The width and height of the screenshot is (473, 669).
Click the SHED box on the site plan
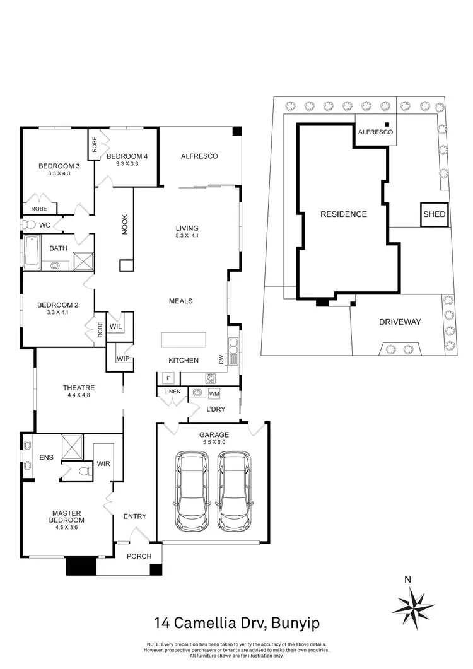pos(434,214)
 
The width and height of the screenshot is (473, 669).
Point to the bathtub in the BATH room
pos(33,252)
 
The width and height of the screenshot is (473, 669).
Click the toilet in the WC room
pos(28,224)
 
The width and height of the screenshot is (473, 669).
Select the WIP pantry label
pos(123,359)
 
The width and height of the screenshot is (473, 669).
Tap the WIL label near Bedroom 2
pos(115,327)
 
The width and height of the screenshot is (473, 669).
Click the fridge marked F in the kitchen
pos(168,378)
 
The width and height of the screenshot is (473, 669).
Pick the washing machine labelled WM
pos(214,393)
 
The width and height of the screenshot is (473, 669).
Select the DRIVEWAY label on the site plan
pos(400,322)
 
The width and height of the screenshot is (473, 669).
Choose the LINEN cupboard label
pos(172,392)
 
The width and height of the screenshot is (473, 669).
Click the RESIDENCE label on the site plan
pos(343,214)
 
